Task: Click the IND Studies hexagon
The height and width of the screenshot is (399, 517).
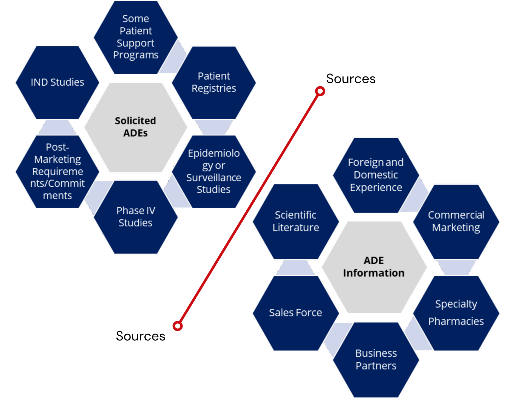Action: (x=58, y=83)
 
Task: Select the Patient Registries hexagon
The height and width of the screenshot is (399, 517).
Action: (x=214, y=83)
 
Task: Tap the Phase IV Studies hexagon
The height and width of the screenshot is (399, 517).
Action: (x=136, y=217)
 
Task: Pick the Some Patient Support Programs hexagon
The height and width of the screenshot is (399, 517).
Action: (x=136, y=37)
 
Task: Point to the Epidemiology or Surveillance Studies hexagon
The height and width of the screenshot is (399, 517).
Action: (x=214, y=172)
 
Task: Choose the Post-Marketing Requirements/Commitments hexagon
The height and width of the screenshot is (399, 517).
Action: (x=58, y=172)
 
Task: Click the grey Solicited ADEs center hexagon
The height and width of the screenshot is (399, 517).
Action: (x=136, y=127)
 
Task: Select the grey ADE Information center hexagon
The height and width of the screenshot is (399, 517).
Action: (x=374, y=267)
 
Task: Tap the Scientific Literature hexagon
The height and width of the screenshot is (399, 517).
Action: (x=296, y=221)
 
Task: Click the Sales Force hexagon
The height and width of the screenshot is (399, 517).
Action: (x=296, y=313)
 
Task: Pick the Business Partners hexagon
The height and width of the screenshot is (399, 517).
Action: (x=376, y=360)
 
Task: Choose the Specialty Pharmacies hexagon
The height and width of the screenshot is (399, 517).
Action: (x=456, y=313)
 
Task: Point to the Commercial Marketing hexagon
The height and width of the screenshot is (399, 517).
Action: (x=456, y=221)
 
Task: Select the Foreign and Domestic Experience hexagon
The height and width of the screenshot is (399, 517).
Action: (x=376, y=175)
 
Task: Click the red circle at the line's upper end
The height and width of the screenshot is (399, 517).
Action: (x=320, y=91)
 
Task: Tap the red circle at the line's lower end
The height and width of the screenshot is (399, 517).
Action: (x=178, y=326)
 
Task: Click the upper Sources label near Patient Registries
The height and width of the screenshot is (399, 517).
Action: (x=351, y=79)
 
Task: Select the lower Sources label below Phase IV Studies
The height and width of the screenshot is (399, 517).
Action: (x=140, y=336)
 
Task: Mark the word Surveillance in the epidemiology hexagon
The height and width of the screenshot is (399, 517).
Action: (x=214, y=178)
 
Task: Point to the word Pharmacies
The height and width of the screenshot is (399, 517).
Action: (x=456, y=321)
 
